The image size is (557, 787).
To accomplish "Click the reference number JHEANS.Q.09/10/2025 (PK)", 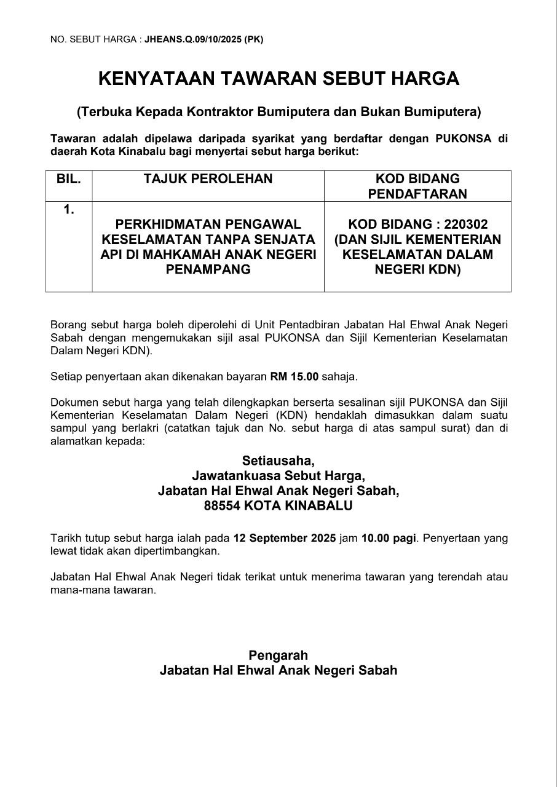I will tap(203, 39).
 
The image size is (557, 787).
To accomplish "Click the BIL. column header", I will tap(69, 179).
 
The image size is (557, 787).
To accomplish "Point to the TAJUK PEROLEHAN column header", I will tap(208, 179).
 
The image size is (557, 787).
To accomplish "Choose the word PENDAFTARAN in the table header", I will tap(417, 194).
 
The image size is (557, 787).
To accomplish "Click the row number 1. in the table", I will tap(69, 210).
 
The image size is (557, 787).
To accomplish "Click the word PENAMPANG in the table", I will tap(208, 269).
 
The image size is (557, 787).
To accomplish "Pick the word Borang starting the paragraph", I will tap(68, 324).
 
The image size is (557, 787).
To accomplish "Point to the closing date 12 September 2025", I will tap(285, 538).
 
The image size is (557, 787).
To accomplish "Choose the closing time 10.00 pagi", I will tap(389, 538).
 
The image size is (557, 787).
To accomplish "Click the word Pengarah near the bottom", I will tap(278, 655).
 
